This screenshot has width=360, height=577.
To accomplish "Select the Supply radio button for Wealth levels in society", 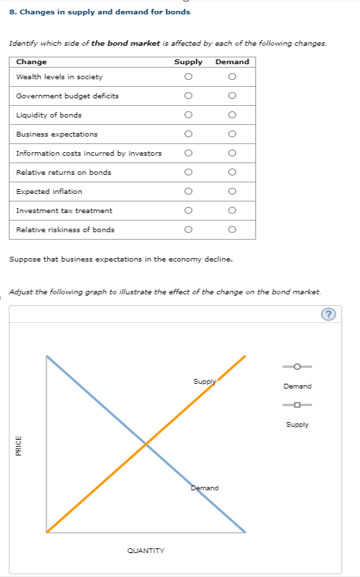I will click(x=187, y=76).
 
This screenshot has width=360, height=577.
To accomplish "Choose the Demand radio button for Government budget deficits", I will click(x=232, y=96).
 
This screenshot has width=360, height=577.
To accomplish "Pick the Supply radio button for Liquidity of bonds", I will click(x=187, y=115).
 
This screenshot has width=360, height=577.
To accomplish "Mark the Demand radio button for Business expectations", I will click(x=232, y=134).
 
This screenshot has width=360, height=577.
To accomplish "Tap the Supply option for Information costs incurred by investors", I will click(x=187, y=153).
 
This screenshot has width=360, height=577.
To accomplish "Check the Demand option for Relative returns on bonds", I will click(x=232, y=172).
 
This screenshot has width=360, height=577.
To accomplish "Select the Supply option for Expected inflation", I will click(x=187, y=191).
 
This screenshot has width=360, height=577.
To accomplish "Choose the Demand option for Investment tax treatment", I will click(x=232, y=210).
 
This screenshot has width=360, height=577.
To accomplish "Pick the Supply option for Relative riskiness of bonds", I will click(x=187, y=229).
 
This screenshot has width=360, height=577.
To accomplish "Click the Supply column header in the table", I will click(x=188, y=61).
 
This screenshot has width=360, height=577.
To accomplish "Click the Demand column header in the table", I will click(x=232, y=61).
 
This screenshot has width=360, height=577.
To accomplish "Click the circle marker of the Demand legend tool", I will click(x=297, y=367).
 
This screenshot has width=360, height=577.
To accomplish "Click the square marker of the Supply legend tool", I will click(x=297, y=406).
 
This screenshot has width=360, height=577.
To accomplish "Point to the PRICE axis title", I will click(x=18, y=445).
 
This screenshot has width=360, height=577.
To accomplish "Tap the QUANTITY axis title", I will click(x=146, y=550).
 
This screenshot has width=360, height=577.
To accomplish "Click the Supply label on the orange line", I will click(x=204, y=381).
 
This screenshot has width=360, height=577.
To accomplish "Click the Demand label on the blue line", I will click(x=205, y=488).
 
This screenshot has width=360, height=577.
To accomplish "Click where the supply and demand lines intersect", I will click(x=146, y=445).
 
